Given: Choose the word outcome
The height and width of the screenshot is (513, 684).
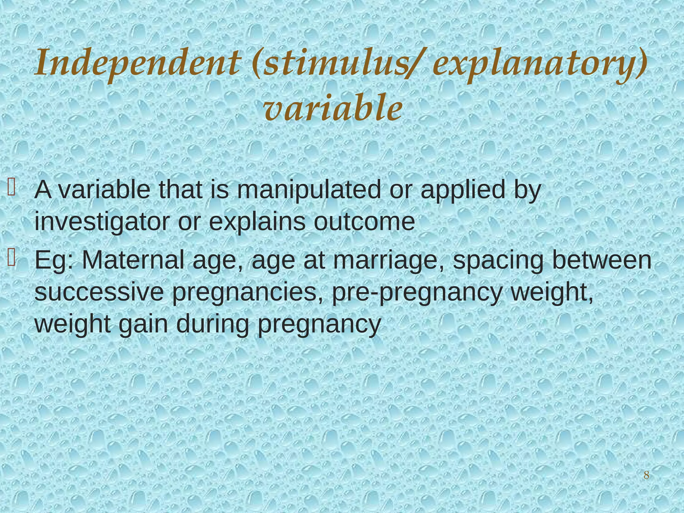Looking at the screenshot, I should click(x=364, y=222).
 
